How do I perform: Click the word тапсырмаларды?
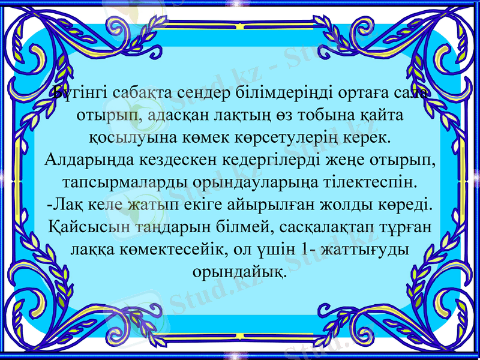tap(113, 181)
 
